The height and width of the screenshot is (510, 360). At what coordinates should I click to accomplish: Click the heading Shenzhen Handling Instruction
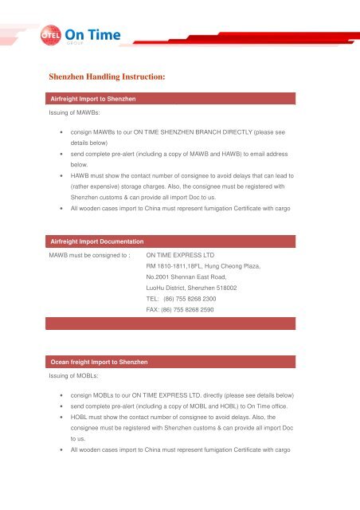tap(107, 78)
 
